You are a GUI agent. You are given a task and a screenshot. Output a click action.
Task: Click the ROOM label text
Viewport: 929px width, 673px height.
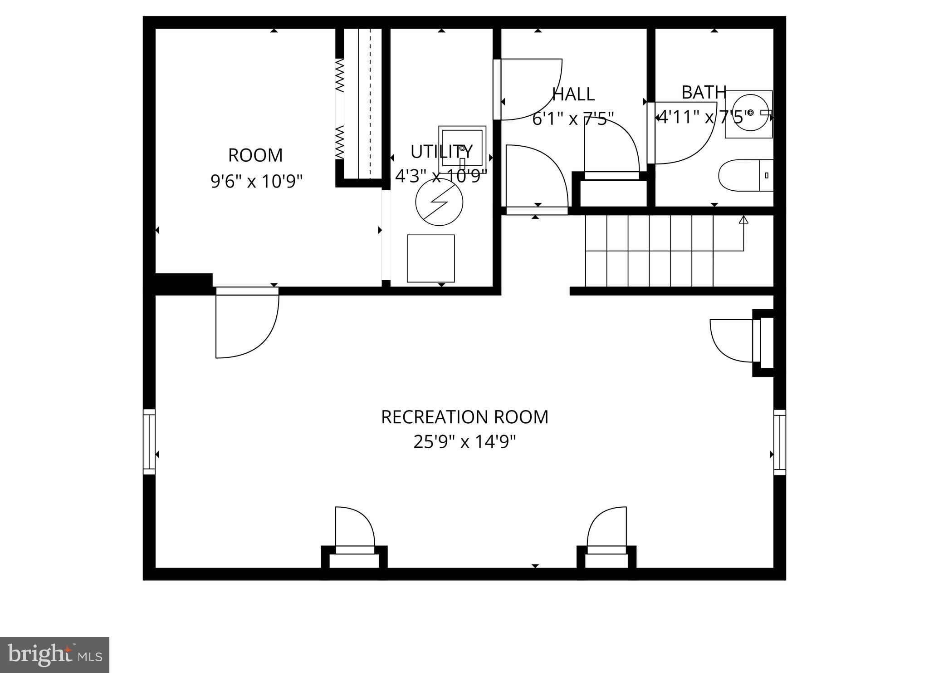pos(255,155)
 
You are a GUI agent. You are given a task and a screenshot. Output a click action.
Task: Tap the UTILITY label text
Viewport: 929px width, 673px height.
pos(441,152)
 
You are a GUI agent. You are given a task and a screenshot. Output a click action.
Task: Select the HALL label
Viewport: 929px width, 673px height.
pos(573,94)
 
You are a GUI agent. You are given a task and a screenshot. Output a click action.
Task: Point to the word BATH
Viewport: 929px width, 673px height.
pos(704,92)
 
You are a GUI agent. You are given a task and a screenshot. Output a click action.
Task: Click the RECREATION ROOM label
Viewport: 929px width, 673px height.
pos(464,417)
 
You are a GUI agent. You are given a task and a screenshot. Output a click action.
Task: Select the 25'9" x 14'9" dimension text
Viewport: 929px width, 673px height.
pos(464,441)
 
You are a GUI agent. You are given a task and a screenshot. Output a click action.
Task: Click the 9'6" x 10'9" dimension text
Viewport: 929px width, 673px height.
pos(256,182)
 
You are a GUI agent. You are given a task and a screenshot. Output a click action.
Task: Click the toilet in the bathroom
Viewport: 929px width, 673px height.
pos(745,175)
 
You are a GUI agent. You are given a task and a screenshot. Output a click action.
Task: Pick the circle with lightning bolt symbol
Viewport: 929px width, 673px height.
pos(439,202)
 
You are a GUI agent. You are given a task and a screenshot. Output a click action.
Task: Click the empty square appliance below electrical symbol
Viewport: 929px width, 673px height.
pos(430,258)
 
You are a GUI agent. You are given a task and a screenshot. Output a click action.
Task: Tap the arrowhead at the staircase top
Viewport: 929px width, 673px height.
pos(743,220)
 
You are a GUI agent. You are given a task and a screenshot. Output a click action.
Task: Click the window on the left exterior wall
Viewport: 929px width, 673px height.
pos(149,442)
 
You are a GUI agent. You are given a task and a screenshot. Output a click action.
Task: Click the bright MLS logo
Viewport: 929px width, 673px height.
pos(54,655)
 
